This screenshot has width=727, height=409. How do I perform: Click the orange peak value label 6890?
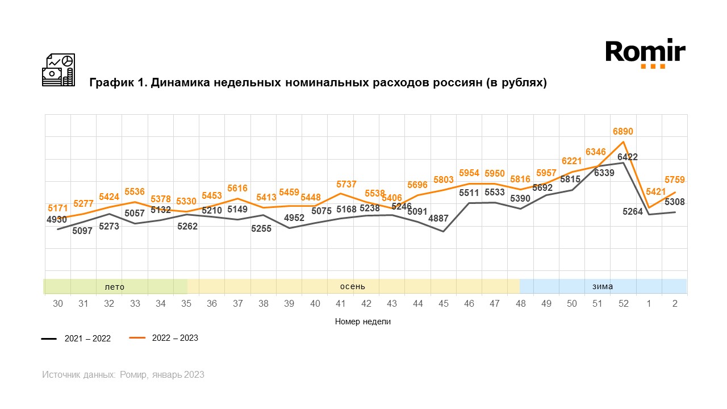coord(623,132)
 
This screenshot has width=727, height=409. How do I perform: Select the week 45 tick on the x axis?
coord(444,304)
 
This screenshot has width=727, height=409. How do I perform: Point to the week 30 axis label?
coord(58,304)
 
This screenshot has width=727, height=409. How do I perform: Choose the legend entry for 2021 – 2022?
coord(76,339)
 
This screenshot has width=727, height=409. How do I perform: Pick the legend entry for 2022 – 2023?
coord(164,338)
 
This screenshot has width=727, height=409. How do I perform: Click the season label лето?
coord(114,287)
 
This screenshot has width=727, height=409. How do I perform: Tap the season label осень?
coord(352,286)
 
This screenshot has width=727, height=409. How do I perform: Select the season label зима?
coord(603,286)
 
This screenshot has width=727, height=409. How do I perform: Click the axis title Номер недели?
coord(363,322)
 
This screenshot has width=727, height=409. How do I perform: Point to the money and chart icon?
coord(59,70)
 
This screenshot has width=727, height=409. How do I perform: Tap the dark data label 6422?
coord(628,157)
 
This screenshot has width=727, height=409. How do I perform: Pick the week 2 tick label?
coord(675,304)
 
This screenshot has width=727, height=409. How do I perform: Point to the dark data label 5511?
coord(469,193)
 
